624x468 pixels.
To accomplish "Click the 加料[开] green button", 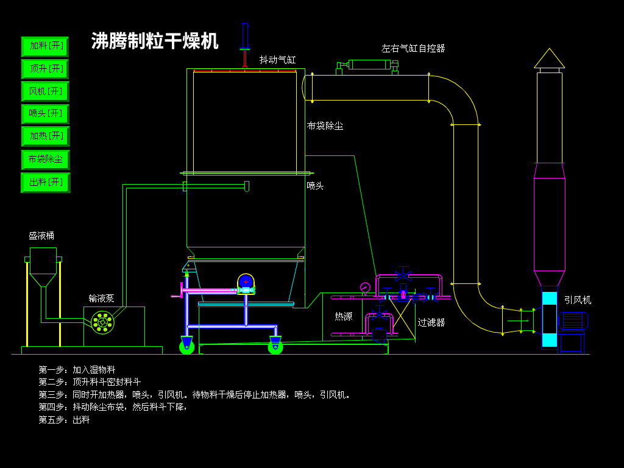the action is coord(45,46).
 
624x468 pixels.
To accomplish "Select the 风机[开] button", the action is coord(45,91).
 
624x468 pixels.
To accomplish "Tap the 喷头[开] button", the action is coord(45,114).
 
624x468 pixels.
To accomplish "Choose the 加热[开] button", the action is coord(45,136).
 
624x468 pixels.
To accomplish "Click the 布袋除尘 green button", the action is coord(45,160).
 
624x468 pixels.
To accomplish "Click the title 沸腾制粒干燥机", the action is coord(155,41).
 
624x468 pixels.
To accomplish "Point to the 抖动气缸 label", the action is coord(277,60).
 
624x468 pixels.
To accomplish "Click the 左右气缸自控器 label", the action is coord(413,49).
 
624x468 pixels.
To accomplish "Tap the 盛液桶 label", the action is coord(41,236).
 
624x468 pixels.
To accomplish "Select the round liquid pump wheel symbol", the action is coord(102,322).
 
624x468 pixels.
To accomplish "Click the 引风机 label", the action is coord(578,300).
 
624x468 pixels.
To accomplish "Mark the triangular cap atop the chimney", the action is coord(549,58).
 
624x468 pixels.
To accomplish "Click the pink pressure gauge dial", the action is coord(365,288).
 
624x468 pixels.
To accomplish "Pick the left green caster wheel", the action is coord(186,347).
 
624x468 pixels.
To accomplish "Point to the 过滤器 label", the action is coord(431,322).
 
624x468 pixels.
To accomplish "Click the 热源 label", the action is coord(344,316).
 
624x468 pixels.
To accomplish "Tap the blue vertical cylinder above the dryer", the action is coord(245,36).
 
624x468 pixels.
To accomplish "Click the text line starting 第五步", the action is coord(64,420).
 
